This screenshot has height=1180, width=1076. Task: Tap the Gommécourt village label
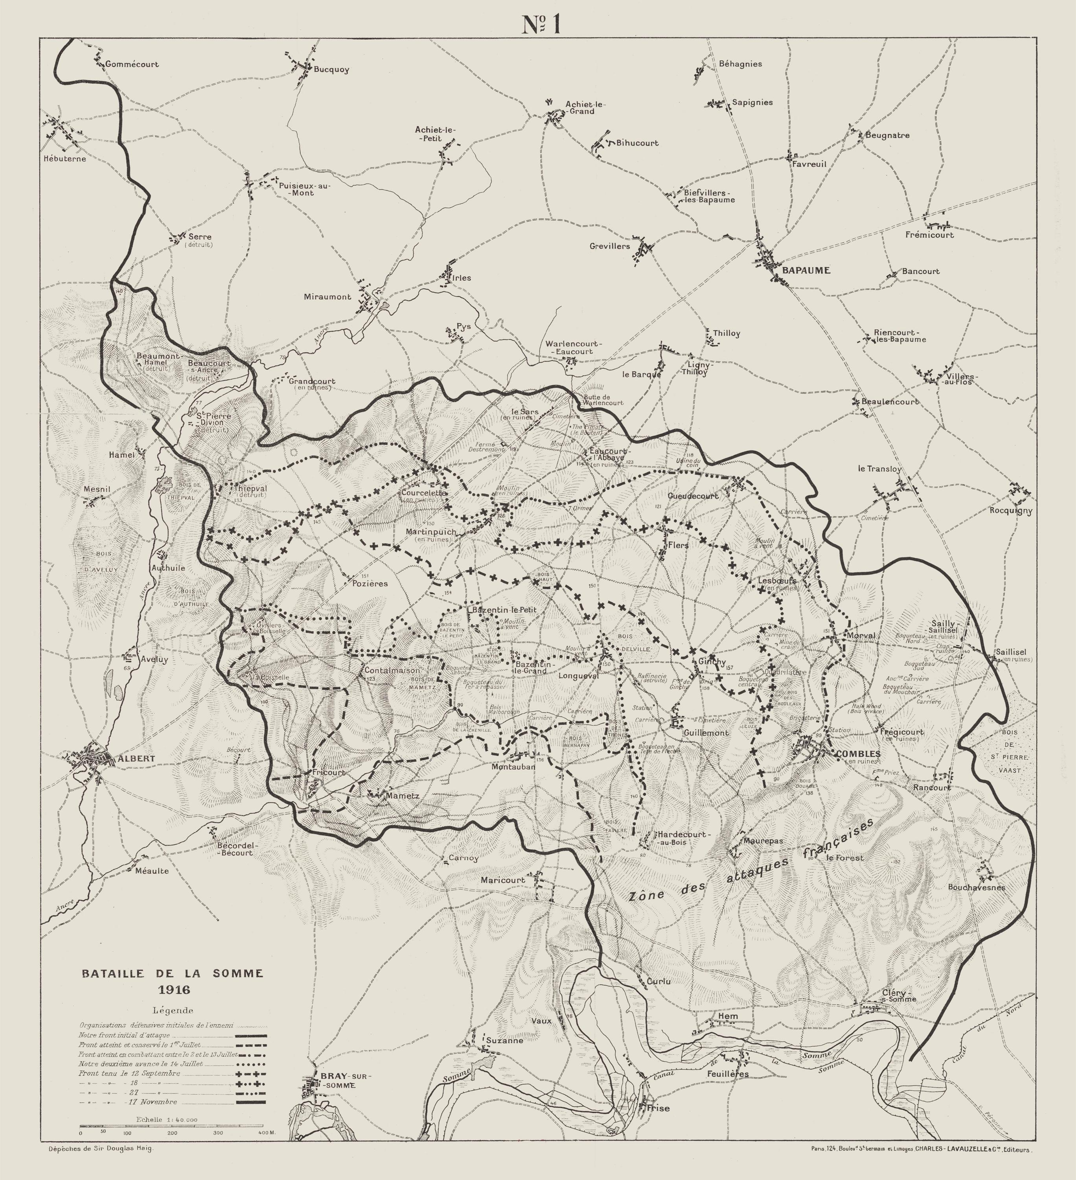132,65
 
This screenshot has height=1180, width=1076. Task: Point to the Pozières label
370,584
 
